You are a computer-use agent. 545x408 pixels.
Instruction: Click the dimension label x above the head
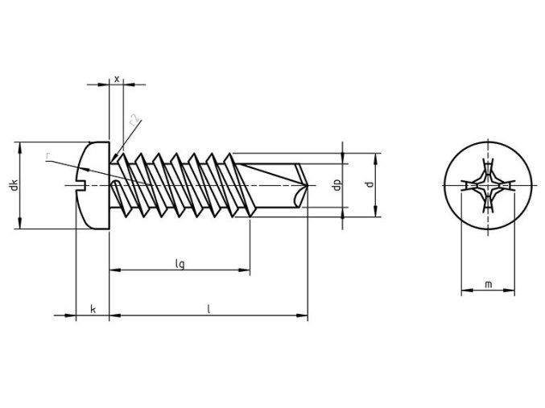click(117, 79)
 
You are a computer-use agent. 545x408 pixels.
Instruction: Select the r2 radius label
click(134, 123)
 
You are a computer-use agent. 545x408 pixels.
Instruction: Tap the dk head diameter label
click(13, 186)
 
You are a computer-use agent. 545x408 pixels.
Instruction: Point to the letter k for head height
click(93, 309)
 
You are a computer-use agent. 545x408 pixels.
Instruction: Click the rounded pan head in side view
click(92, 187)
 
